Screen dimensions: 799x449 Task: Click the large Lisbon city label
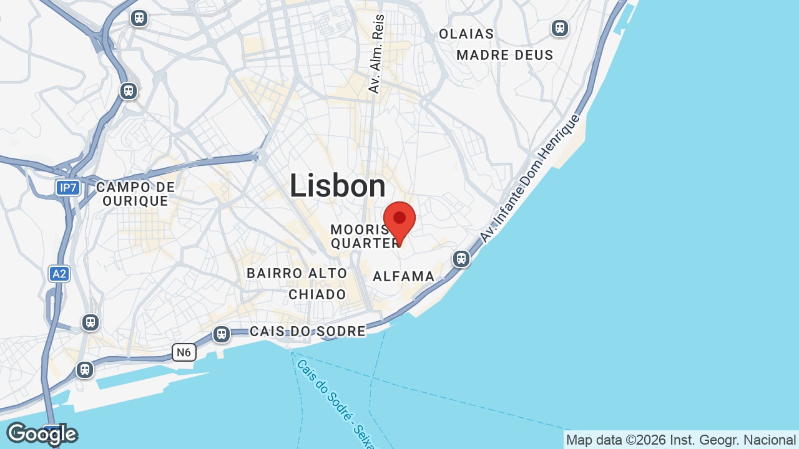coord(338,186)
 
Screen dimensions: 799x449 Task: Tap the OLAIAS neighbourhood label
coord(466,34)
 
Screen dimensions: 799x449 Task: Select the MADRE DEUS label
coord(505,55)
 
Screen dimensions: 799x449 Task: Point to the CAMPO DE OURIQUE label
coord(135,194)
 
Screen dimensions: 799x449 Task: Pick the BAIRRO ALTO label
coord(297,273)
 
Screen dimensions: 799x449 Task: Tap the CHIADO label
coord(317,294)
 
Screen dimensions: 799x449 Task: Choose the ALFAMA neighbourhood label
coord(404,276)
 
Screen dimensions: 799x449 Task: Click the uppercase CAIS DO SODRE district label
coord(308,331)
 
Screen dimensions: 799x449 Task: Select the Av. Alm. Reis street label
coord(376,54)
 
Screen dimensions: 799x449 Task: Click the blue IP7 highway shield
coord(67,187)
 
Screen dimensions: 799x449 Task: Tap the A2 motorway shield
coord(59,273)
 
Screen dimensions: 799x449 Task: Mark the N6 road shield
coord(184,352)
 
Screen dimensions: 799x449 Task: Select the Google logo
coord(42,433)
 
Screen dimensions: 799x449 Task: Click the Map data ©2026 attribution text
coord(680,440)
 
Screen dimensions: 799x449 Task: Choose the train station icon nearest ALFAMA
coord(461,258)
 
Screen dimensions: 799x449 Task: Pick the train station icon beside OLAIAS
coord(559,28)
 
